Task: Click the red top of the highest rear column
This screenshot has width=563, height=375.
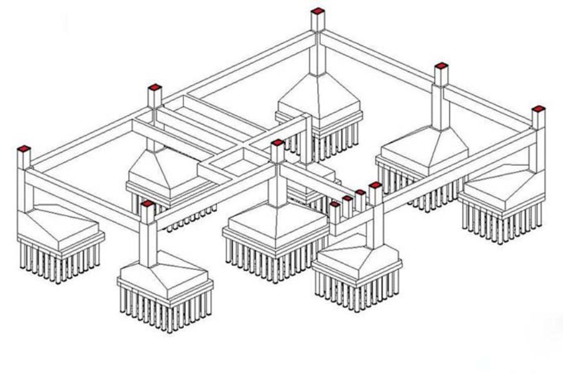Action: point(318,11)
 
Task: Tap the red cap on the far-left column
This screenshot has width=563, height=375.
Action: point(24,149)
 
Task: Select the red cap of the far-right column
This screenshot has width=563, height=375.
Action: point(537,109)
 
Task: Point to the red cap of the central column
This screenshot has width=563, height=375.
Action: point(277,143)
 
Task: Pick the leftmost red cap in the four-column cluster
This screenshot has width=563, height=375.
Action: point(335,204)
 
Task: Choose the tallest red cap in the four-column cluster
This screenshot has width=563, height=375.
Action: point(375,186)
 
